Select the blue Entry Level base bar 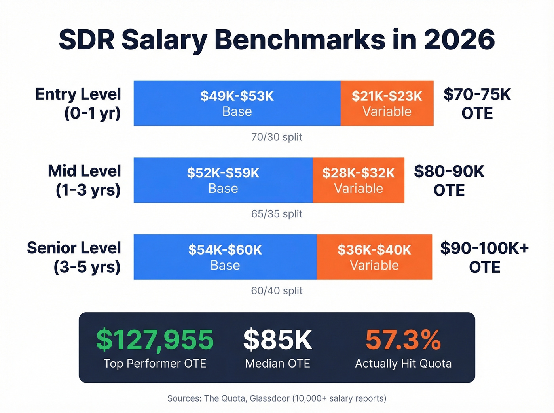[x=237, y=103]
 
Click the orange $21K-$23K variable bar [x=387, y=103]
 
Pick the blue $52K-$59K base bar [x=223, y=180]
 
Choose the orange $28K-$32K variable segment [x=358, y=180]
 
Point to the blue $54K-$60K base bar [x=225, y=257]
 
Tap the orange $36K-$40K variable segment [x=374, y=257]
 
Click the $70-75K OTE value [x=477, y=95]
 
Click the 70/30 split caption [x=277, y=137]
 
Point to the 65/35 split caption [x=277, y=214]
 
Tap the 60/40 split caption [x=277, y=291]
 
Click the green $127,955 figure [x=155, y=340]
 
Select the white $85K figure [x=277, y=340]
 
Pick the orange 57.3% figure [x=403, y=340]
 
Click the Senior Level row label [x=74, y=257]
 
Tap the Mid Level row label [x=84, y=180]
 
